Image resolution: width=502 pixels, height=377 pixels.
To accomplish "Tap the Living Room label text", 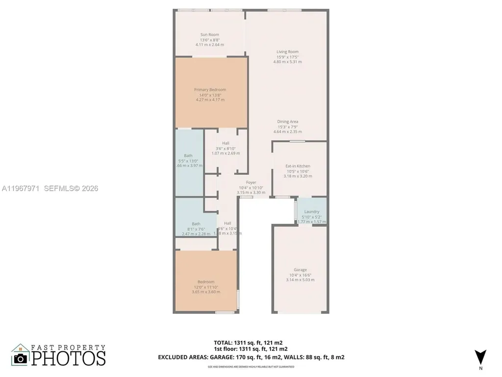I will (x=287, y=52).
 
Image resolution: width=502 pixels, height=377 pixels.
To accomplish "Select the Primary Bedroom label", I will (x=210, y=90).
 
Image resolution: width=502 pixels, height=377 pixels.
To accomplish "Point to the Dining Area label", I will (x=287, y=122).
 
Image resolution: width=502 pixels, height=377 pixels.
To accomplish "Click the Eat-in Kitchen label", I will (x=298, y=166).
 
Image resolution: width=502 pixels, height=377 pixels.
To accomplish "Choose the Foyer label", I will (x=251, y=183).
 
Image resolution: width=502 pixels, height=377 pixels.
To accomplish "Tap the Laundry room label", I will (x=312, y=212).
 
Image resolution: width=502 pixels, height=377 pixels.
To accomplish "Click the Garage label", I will (x=300, y=270).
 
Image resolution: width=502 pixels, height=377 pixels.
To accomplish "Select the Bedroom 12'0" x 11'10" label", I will (x=206, y=282).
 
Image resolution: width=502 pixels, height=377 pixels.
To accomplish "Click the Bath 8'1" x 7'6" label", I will (x=196, y=224).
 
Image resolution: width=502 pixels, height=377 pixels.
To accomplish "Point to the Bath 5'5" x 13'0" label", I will (x=189, y=156).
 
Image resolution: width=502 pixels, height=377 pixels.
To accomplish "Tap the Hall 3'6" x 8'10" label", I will (x=226, y=143).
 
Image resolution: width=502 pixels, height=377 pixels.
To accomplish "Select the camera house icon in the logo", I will (x=21, y=355).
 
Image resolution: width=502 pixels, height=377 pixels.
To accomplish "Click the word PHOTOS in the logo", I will (x=69, y=357).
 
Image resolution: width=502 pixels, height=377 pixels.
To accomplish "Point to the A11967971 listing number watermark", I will (x=22, y=188).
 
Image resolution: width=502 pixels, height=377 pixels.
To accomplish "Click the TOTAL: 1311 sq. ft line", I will (x=248, y=343).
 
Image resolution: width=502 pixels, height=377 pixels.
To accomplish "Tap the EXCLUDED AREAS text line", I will (x=251, y=357).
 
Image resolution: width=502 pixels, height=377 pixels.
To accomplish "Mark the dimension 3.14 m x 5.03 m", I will (x=300, y=280).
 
